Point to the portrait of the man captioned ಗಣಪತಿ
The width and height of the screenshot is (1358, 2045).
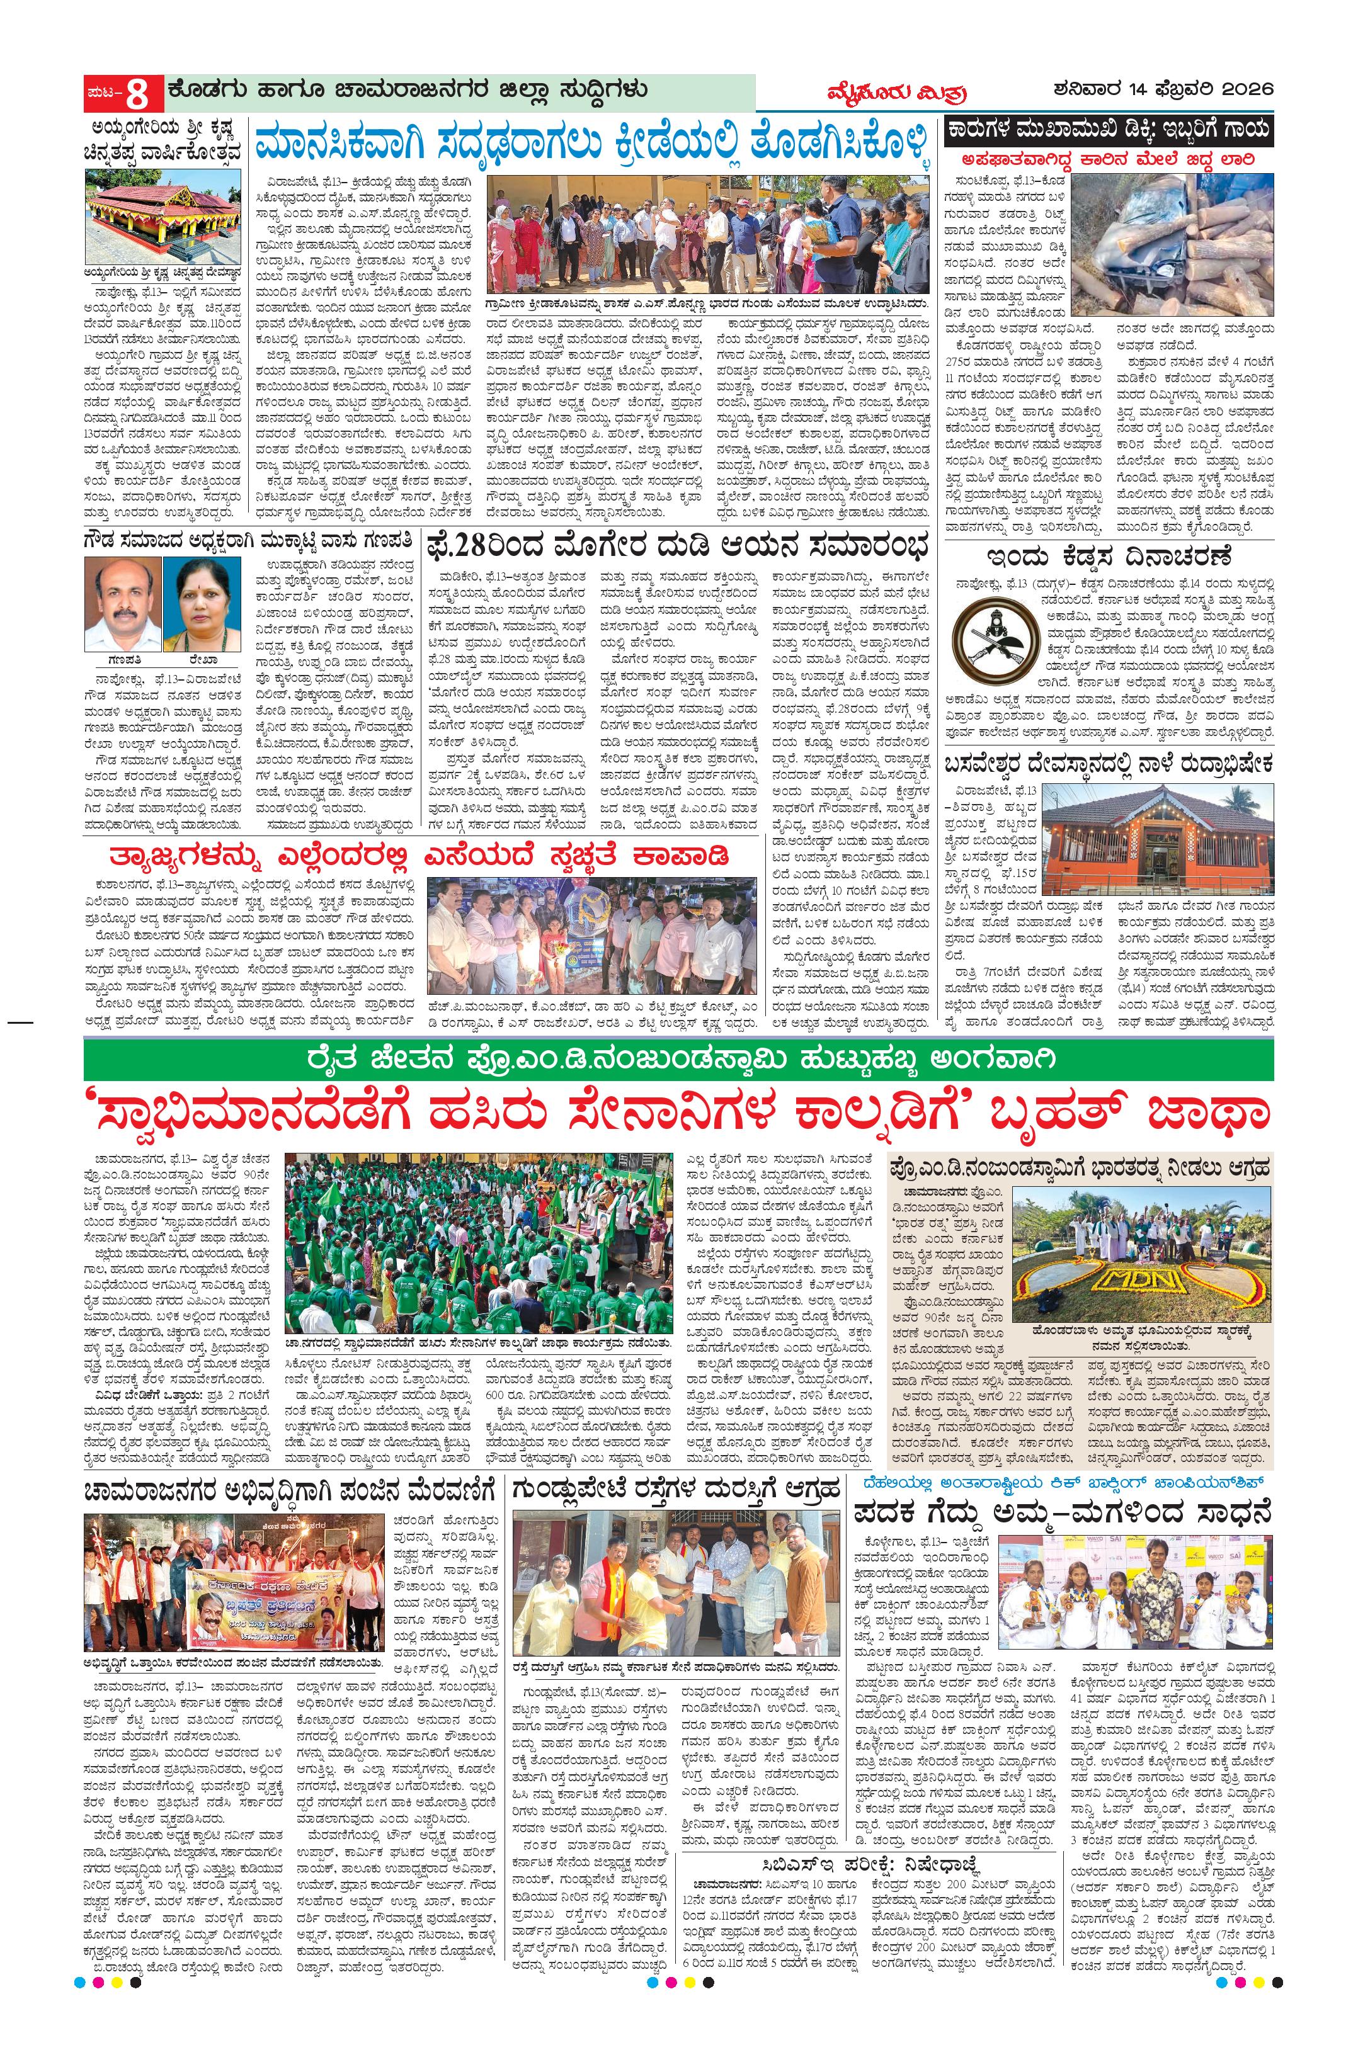coord(122,603)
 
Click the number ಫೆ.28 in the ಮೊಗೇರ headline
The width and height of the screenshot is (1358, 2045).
coord(466,549)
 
